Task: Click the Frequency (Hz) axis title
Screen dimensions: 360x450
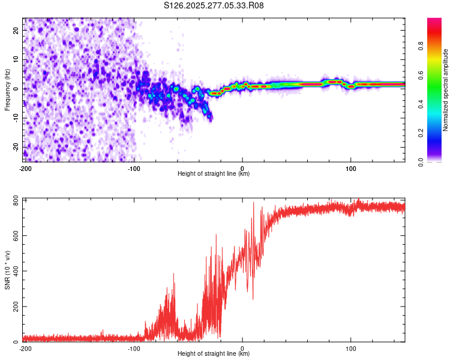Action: pos(7,89)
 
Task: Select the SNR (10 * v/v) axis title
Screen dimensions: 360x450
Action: pos(7,269)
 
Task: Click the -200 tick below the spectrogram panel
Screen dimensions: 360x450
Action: pos(25,168)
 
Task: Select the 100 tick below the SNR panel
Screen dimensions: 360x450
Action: pos(351,348)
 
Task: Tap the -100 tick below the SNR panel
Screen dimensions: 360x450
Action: pos(134,348)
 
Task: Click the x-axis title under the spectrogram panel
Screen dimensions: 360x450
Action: pos(214,174)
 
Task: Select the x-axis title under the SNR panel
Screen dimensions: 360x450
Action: pos(214,354)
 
